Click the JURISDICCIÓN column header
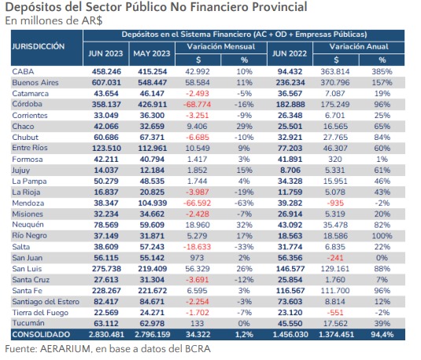39,46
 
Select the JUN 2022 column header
290,53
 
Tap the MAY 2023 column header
152,53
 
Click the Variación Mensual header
221,46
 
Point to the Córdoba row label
27,104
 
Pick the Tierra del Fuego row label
40,313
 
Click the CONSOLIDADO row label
41,335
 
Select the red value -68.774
197,105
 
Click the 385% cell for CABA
382,72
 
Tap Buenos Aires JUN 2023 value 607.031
106,83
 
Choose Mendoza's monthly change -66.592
197,203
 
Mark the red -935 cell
335,203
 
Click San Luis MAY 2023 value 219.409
152,269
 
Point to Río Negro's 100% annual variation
382,236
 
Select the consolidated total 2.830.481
106,335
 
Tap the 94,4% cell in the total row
382,335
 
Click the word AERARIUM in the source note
65,349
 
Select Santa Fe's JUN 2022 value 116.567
290,291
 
